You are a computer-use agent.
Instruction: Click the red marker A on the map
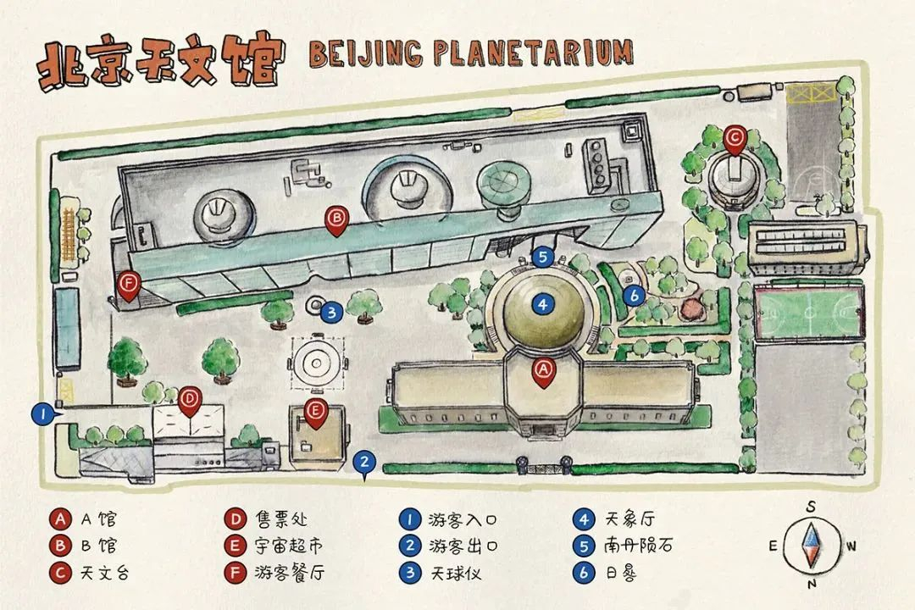pyautogui.click(x=543, y=371)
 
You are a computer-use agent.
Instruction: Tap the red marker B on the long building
pyautogui.click(x=336, y=219)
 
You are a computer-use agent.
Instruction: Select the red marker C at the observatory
pyautogui.click(x=735, y=136)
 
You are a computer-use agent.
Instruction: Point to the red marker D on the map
pyautogui.click(x=189, y=398)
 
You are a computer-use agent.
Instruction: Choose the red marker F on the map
pyautogui.click(x=129, y=283)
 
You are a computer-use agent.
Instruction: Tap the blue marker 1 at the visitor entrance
pyautogui.click(x=38, y=414)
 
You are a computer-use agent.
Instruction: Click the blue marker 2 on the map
pyautogui.click(x=364, y=463)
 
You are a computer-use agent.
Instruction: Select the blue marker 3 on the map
pyautogui.click(x=332, y=313)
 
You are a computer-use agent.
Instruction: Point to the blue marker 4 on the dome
pyautogui.click(x=543, y=302)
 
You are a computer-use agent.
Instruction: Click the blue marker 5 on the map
pyautogui.click(x=543, y=257)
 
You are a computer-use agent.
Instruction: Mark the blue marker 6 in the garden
pyautogui.click(x=634, y=295)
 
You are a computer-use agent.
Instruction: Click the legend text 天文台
pyautogui.click(x=105, y=573)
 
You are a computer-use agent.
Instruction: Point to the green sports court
pyautogui.click(x=809, y=311)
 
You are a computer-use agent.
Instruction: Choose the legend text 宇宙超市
pyautogui.click(x=288, y=546)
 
